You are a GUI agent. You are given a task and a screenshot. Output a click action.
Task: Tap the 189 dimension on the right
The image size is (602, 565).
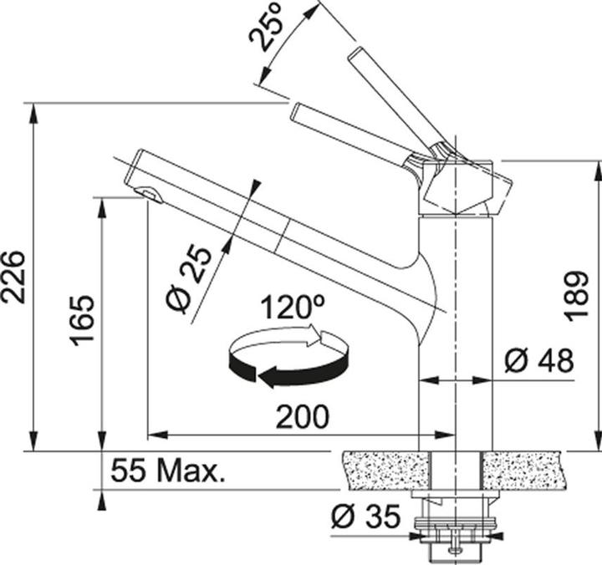(x=576, y=295)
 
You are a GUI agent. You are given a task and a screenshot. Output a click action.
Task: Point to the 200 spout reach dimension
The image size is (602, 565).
(x=303, y=417)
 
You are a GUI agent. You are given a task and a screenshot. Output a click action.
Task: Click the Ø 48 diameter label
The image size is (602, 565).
(x=539, y=361)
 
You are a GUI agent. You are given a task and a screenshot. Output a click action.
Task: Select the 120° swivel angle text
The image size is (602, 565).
(x=291, y=307)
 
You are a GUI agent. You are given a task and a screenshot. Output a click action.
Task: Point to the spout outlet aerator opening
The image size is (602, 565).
(x=150, y=195)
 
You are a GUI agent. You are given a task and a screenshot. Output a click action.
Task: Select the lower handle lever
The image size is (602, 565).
(x=351, y=130)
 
